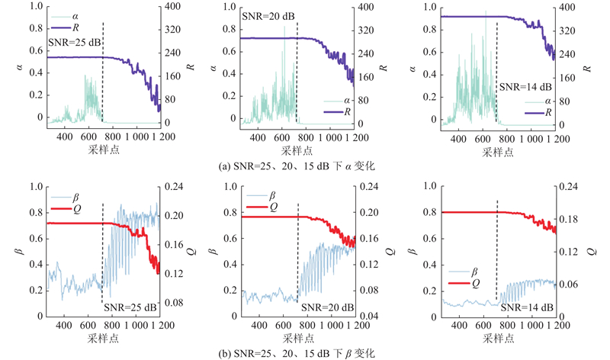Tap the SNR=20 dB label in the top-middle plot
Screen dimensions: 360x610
point(268,15)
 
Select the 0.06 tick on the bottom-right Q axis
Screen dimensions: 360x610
point(568,284)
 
